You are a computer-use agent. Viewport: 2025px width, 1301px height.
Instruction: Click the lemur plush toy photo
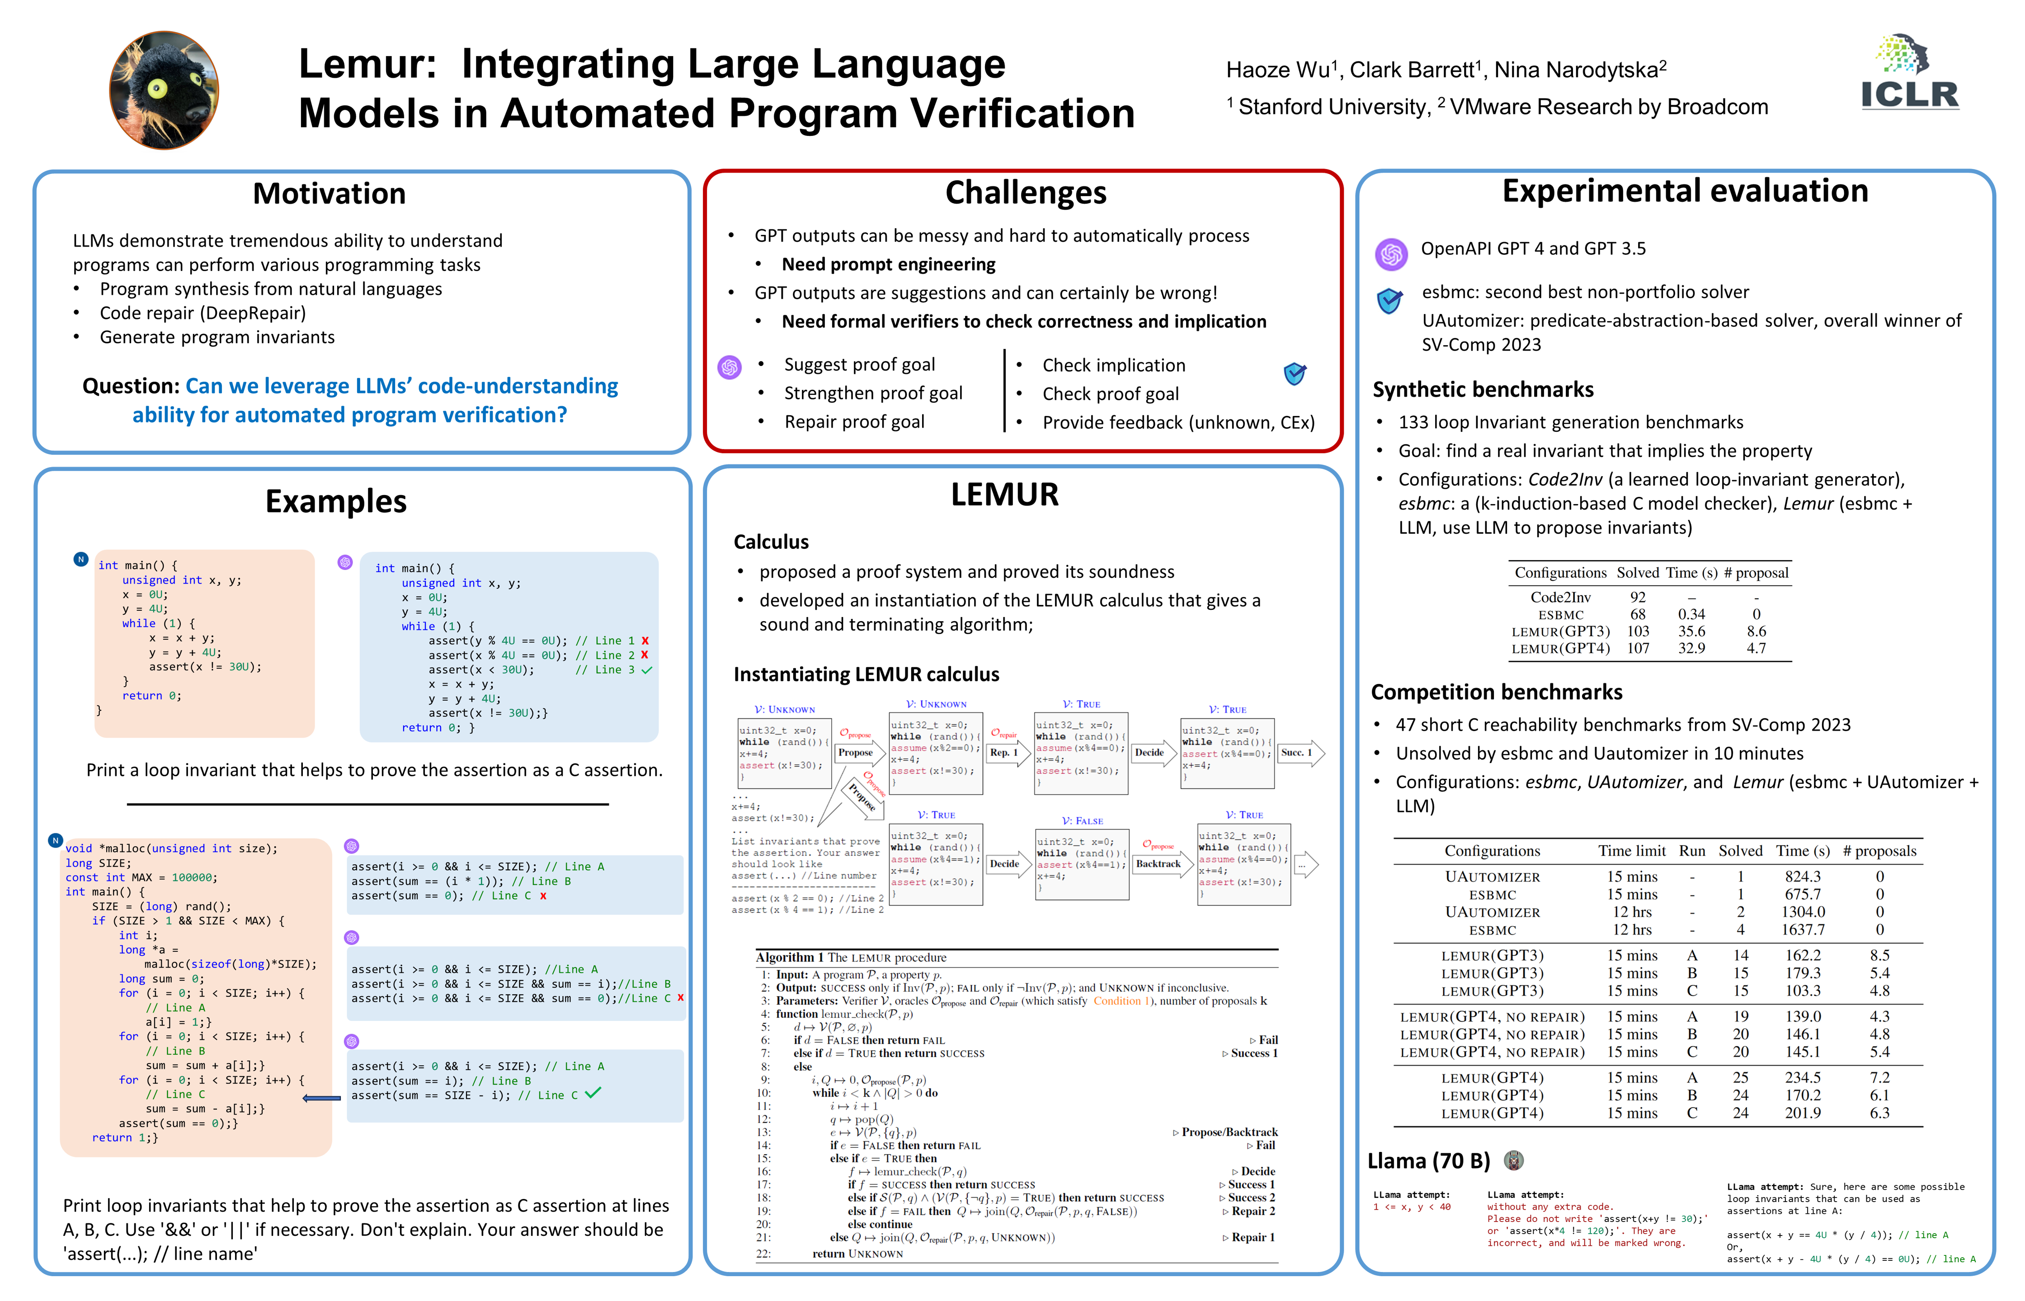(164, 90)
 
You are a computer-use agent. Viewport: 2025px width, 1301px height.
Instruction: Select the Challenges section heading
(1025, 192)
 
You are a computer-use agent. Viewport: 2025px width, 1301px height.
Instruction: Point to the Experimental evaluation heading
(1684, 191)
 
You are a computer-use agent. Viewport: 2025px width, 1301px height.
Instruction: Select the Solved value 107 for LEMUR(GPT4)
(1638, 648)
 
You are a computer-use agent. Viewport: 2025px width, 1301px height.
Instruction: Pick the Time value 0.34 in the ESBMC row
(1691, 614)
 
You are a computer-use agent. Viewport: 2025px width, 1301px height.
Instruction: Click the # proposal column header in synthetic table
(1756, 573)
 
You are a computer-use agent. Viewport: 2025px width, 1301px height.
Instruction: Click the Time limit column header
(1631, 851)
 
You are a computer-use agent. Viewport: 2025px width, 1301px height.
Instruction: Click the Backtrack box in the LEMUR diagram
(1158, 863)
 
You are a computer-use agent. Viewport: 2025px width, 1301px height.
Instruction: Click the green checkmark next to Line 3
(646, 670)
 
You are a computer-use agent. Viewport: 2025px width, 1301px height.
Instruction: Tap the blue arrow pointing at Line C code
(321, 1098)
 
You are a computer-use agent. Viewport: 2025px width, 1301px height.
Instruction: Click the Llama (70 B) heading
(1428, 1161)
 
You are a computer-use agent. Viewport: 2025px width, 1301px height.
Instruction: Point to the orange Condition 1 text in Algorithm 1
(1117, 1001)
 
